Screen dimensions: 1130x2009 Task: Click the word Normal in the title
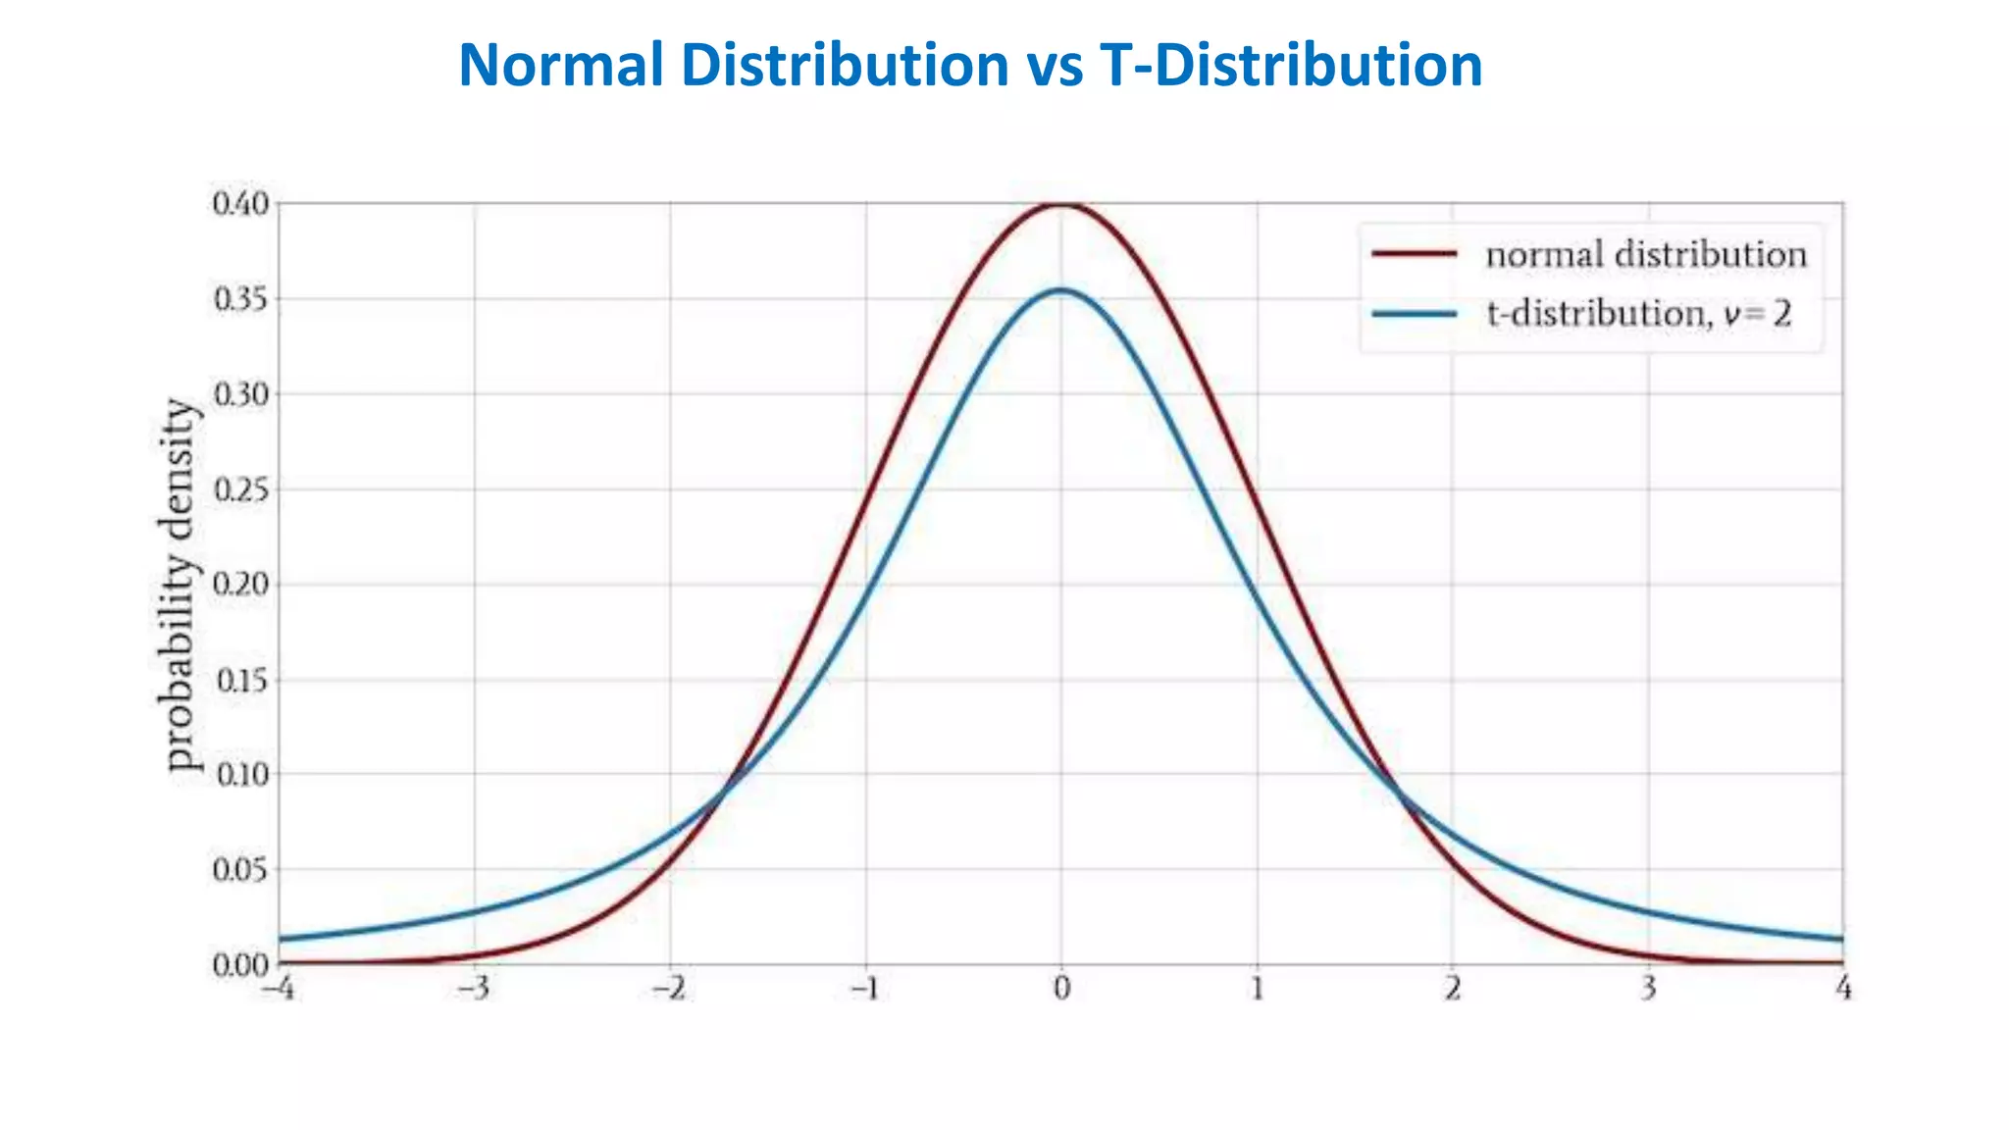(561, 65)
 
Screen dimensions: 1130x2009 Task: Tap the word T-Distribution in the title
(1291, 65)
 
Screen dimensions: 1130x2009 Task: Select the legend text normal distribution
(1645, 255)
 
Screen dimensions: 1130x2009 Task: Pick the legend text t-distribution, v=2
(1638, 314)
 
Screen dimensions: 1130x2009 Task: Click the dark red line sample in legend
(1414, 254)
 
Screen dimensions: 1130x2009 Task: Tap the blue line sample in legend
(1414, 314)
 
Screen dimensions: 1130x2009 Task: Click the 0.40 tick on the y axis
(239, 204)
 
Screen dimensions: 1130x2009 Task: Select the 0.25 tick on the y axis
(239, 489)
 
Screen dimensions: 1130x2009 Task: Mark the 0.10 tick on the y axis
(239, 775)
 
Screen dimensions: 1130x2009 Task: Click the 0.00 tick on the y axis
(239, 965)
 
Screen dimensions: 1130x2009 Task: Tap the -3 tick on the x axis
(474, 989)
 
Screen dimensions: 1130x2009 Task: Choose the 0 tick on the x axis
(1061, 989)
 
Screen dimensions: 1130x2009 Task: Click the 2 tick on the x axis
(1452, 989)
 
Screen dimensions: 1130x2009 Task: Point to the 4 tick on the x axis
(1843, 989)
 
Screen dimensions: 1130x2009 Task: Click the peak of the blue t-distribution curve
(1061, 290)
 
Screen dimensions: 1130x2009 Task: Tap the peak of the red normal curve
(1061, 204)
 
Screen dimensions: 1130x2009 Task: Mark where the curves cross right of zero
(1398, 793)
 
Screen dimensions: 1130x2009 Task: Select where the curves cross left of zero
(724, 793)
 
